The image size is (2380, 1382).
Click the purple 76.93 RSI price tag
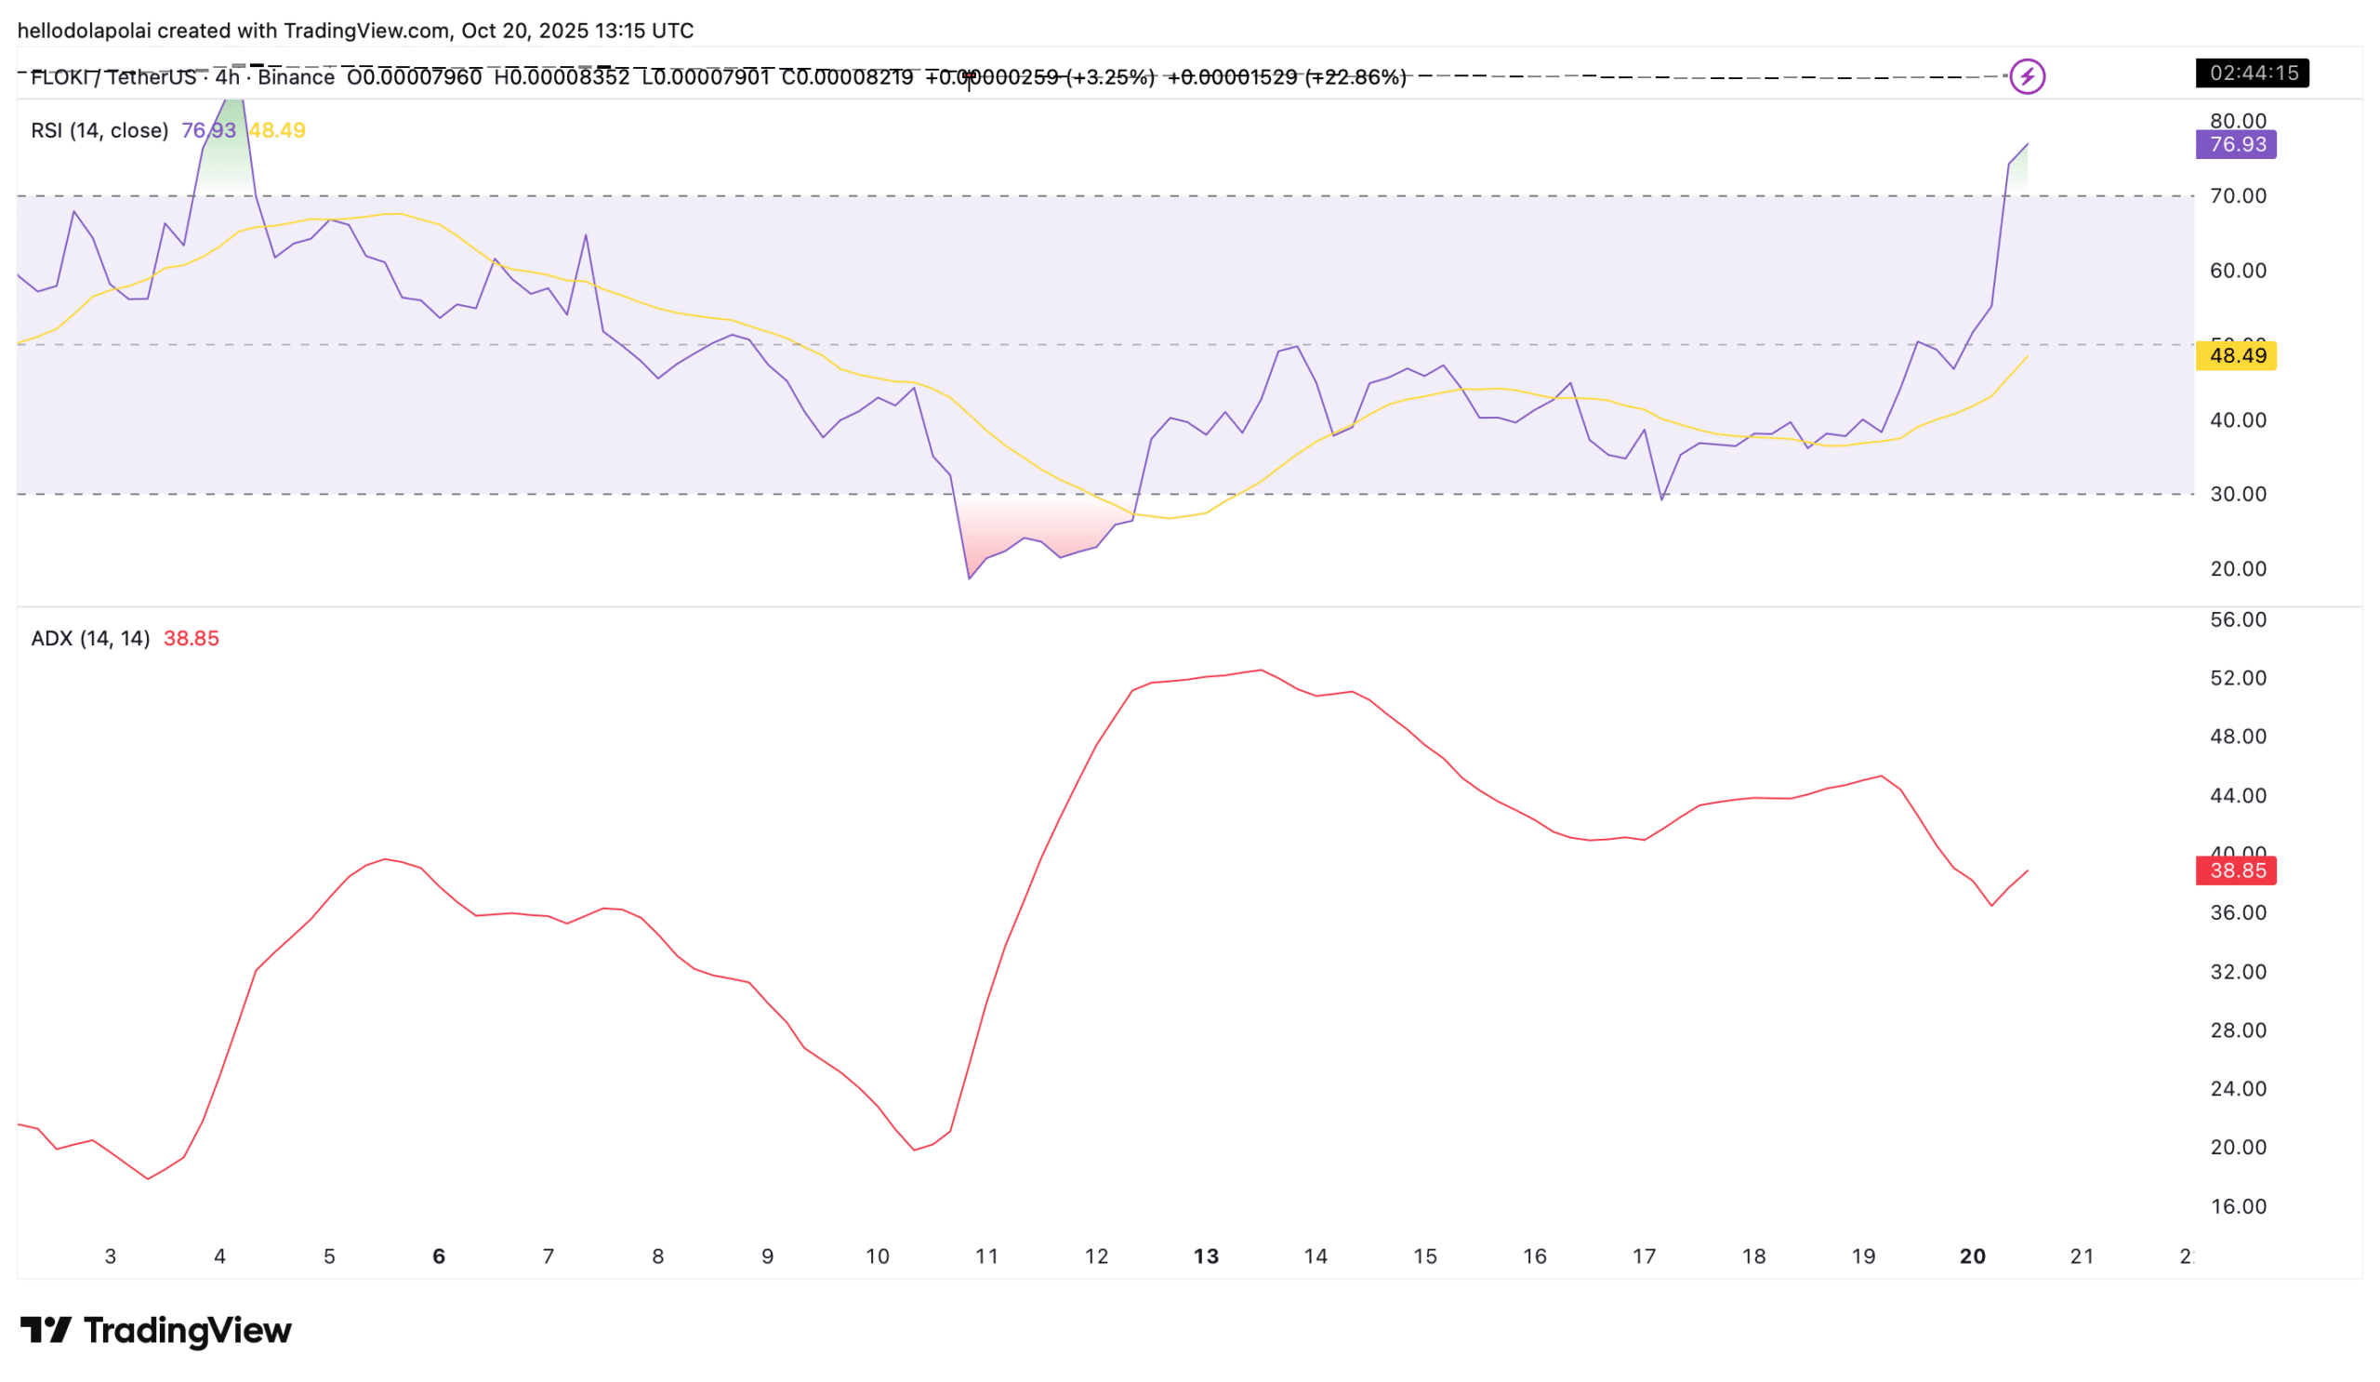[2236, 144]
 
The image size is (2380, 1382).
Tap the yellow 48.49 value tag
[2236, 356]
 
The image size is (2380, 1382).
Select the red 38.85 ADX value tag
[2236, 870]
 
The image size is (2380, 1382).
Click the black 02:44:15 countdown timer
[2252, 73]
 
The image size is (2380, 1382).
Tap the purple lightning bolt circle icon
[2027, 76]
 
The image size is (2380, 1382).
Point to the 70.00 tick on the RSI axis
[2238, 195]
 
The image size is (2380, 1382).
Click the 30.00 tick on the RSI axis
[2238, 494]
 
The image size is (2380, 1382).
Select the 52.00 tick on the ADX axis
[2238, 678]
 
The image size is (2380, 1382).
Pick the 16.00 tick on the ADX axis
[2238, 1206]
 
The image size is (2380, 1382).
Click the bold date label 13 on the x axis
[1206, 1256]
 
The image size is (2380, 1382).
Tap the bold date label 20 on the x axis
[1972, 1256]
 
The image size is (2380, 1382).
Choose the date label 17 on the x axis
[1645, 1256]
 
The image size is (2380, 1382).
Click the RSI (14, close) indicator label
[99, 130]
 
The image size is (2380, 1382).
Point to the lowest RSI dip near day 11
[969, 578]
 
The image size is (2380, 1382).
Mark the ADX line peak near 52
[1260, 670]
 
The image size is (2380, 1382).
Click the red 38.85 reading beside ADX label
[191, 639]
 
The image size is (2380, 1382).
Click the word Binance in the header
[296, 77]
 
